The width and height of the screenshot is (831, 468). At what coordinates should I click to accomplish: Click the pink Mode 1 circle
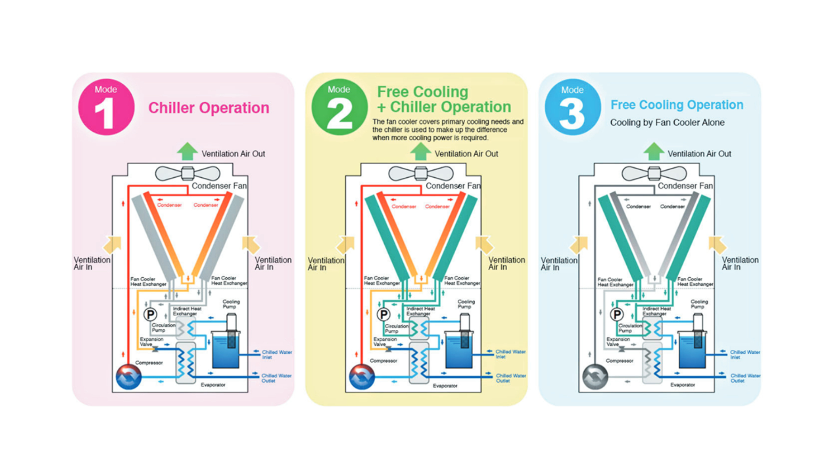(106, 107)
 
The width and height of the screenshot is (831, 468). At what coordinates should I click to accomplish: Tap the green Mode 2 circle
(339, 107)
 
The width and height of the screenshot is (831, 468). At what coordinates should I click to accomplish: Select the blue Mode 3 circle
(573, 107)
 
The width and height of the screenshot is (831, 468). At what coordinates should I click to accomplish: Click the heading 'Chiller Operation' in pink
(209, 108)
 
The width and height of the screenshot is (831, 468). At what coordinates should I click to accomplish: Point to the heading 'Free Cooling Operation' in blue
(676, 105)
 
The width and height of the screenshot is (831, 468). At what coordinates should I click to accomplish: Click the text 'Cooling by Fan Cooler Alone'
(667, 123)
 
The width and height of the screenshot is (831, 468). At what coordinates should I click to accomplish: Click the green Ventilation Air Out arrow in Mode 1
(187, 152)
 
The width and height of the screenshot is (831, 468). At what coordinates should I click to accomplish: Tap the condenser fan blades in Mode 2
(421, 173)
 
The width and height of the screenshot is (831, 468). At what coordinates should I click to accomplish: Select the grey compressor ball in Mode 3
(595, 377)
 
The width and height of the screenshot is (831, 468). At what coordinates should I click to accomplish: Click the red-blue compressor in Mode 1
(129, 377)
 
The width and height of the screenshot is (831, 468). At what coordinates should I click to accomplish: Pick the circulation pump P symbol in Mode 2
(383, 314)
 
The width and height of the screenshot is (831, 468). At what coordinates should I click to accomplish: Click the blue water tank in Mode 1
(225, 350)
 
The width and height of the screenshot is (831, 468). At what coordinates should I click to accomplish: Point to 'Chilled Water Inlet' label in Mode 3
(744, 354)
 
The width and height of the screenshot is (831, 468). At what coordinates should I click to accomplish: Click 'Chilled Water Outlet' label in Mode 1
(276, 378)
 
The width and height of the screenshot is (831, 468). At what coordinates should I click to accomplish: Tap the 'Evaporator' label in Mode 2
(445, 386)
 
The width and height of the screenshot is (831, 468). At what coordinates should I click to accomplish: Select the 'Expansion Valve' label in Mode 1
(151, 341)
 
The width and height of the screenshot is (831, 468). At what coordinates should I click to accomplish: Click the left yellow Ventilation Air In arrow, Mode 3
(579, 245)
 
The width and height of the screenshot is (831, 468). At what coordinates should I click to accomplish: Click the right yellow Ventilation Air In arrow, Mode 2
(484, 245)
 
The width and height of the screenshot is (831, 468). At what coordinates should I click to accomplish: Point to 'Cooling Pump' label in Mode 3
(699, 304)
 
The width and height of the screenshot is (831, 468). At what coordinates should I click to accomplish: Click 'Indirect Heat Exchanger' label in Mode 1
(187, 311)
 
